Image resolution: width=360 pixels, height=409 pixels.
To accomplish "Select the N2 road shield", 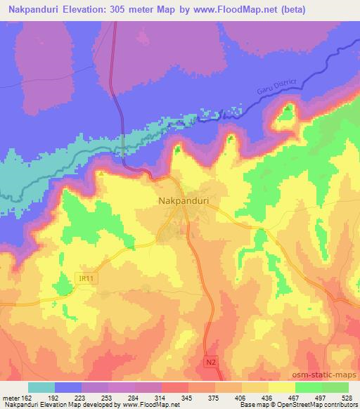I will coord(211,361).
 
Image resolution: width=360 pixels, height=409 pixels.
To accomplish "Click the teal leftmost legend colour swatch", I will coord(41,387).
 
